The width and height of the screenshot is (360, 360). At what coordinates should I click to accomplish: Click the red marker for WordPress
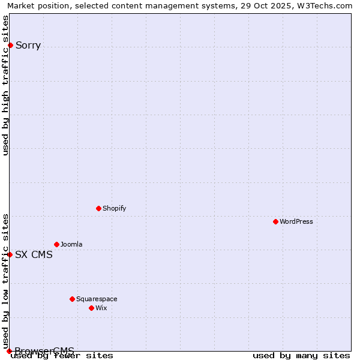coord(275,221)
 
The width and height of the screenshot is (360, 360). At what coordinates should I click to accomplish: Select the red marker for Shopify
coord(98,208)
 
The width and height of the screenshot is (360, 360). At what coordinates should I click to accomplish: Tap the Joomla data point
coord(56,244)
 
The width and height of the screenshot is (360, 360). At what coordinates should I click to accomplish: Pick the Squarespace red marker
coord(72,299)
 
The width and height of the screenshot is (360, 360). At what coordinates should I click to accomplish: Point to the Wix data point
coord(91,308)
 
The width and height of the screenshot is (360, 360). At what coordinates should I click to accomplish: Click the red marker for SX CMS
coord(10,254)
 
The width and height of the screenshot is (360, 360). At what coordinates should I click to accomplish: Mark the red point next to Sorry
coord(10,45)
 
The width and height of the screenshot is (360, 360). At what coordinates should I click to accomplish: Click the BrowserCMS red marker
coord(9,351)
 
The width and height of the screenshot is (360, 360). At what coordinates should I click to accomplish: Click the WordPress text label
coord(296,221)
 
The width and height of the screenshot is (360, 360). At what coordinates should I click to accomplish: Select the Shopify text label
coord(114,208)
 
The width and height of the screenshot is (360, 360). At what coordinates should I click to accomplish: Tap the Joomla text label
coord(71,244)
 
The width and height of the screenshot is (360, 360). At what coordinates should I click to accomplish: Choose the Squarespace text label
coord(97,299)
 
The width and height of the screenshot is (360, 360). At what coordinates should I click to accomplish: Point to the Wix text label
coord(101,308)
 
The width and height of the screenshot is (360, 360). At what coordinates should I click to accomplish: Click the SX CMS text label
coord(34,254)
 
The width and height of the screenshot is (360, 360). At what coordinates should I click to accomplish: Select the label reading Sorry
coord(28,45)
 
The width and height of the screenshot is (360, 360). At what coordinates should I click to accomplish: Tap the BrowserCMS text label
coord(44,351)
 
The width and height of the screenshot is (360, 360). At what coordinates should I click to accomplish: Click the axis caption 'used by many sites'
coord(301,355)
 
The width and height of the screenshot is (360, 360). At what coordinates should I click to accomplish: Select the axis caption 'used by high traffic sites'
coord(6,85)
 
